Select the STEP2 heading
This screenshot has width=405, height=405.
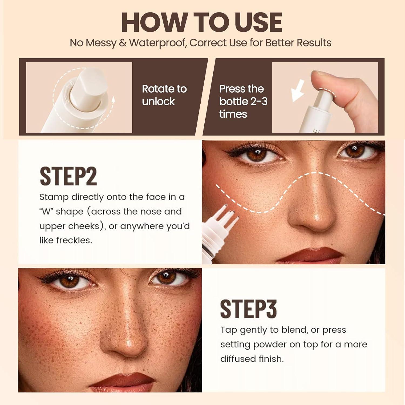[x=68, y=176]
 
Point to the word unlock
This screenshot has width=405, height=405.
[x=158, y=102]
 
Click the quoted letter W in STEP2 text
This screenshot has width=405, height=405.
[x=46, y=212]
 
